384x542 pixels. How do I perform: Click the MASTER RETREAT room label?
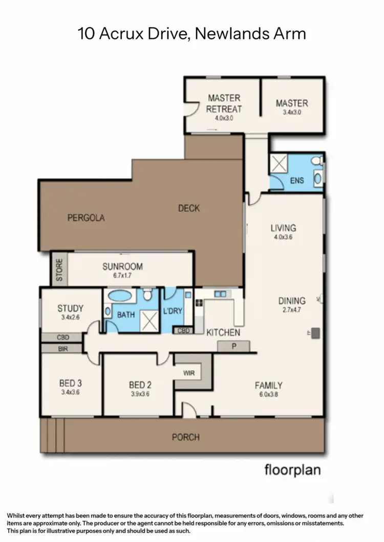coord(223,103)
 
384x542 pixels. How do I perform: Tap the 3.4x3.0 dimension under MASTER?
coord(292,112)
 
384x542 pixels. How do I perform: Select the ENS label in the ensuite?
coord(297,180)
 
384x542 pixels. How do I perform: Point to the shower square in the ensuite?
coord(280,164)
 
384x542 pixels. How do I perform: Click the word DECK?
coord(189,208)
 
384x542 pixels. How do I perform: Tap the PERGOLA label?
coord(86,218)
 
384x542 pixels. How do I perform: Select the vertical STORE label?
coord(59,270)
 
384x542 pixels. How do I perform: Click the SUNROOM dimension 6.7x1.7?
coord(122,276)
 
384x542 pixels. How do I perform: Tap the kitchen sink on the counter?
coord(221,294)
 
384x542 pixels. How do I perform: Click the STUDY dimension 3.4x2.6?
coord(70,318)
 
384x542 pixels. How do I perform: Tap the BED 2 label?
coord(139,385)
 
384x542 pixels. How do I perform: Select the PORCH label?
coord(185,437)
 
